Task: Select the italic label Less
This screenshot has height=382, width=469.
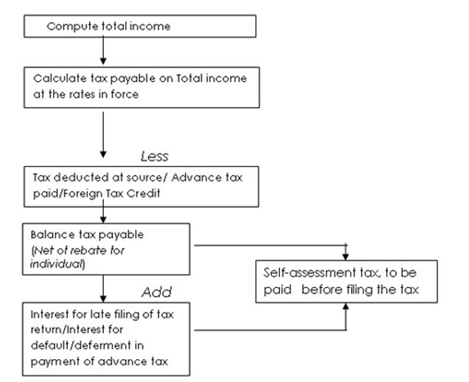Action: (155, 156)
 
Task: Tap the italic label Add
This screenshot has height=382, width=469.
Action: (156, 292)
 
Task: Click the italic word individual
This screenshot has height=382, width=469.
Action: (56, 264)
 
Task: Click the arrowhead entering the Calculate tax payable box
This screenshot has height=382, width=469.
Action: (103, 61)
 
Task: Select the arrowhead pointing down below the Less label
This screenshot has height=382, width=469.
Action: (103, 155)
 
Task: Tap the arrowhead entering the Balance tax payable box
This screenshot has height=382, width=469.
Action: (103, 220)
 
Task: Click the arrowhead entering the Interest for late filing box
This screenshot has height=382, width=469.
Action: (103, 299)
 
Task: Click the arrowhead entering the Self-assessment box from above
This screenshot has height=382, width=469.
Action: (345, 257)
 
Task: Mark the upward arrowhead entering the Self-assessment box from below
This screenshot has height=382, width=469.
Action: (346, 307)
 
